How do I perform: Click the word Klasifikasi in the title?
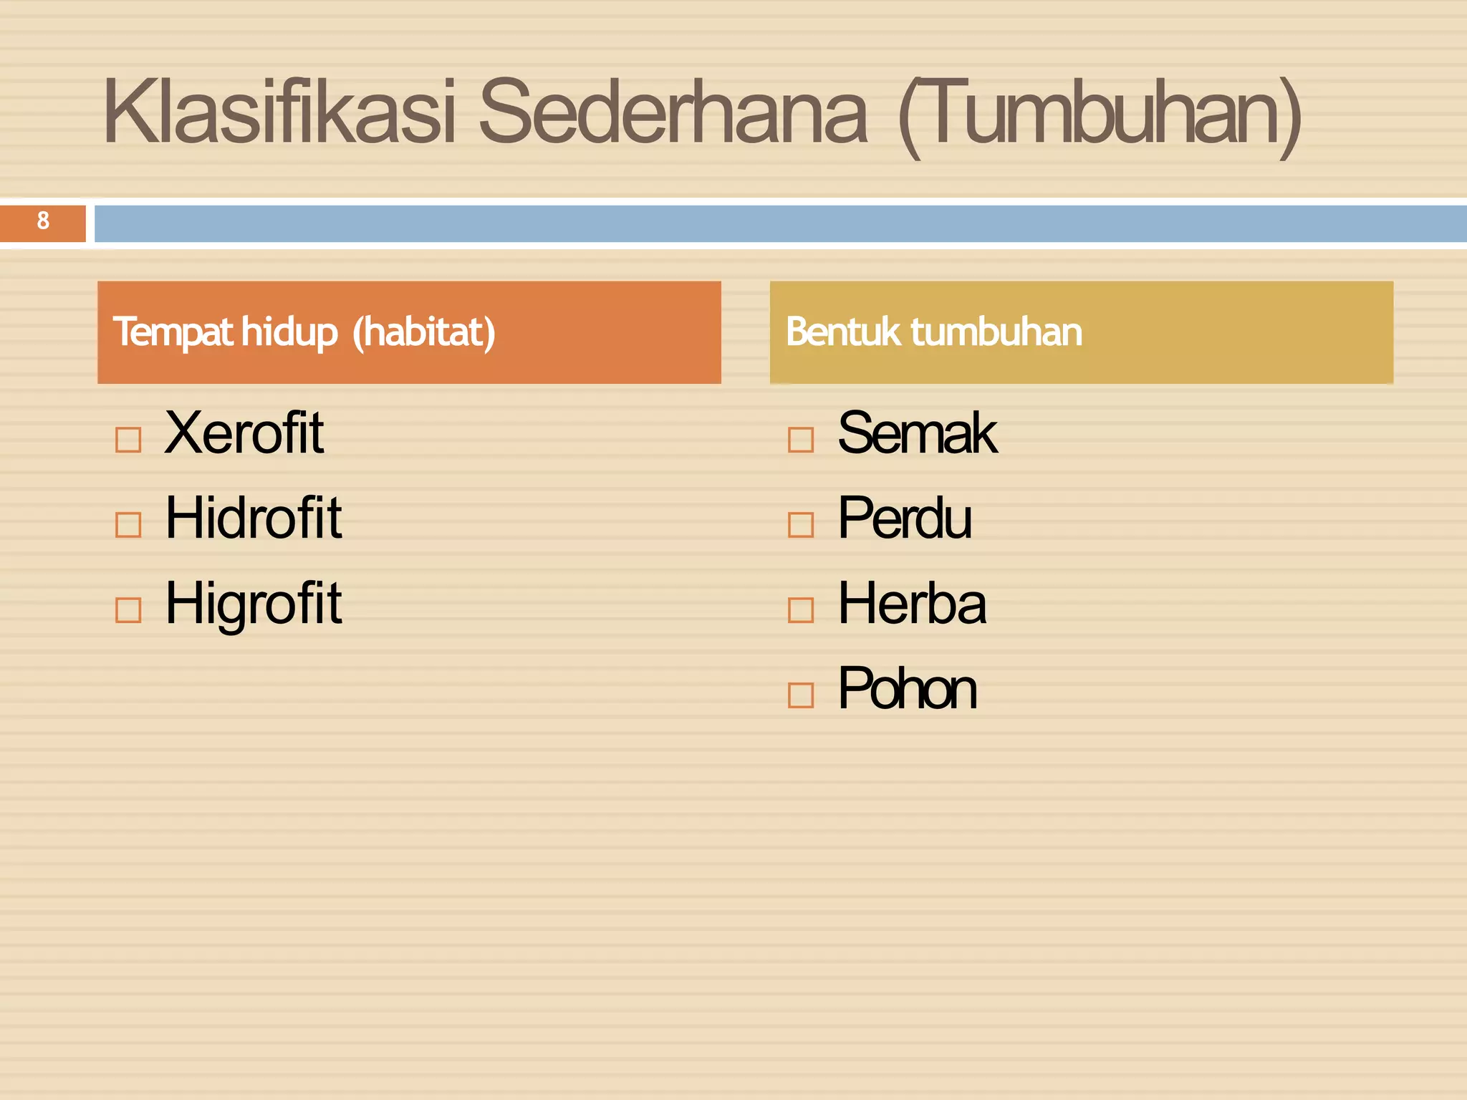[x=279, y=113]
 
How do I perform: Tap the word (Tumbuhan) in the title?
[x=1099, y=115]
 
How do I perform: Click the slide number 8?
[x=43, y=221]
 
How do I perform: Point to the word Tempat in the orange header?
[x=173, y=332]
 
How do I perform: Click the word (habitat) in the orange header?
[x=424, y=332]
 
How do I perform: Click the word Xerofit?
[x=244, y=433]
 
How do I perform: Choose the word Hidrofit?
[x=254, y=518]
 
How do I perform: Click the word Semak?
[x=917, y=433]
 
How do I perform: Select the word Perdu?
[x=905, y=518]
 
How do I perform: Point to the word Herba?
[x=912, y=604]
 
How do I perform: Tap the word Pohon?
[x=907, y=689]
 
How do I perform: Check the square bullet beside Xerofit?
[x=128, y=440]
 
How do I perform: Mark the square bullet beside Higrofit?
[x=128, y=610]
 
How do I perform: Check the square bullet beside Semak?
[x=801, y=440]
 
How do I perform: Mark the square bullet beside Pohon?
[x=801, y=695]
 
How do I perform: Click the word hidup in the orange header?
[x=289, y=332]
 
